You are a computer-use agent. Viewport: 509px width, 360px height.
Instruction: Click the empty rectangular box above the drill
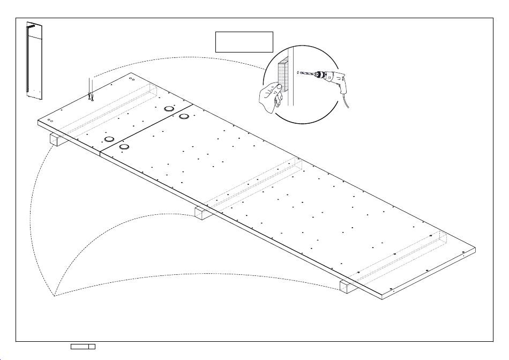pos(244,42)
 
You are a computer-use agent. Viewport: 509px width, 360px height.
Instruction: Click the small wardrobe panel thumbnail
pos(35,61)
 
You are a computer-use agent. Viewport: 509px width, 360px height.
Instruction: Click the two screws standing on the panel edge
pos(91,96)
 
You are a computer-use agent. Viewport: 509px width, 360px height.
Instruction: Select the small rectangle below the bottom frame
pos(83,347)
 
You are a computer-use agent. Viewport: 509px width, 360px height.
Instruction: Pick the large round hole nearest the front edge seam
pos(124,146)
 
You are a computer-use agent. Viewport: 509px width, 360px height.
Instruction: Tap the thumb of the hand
pos(279,87)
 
